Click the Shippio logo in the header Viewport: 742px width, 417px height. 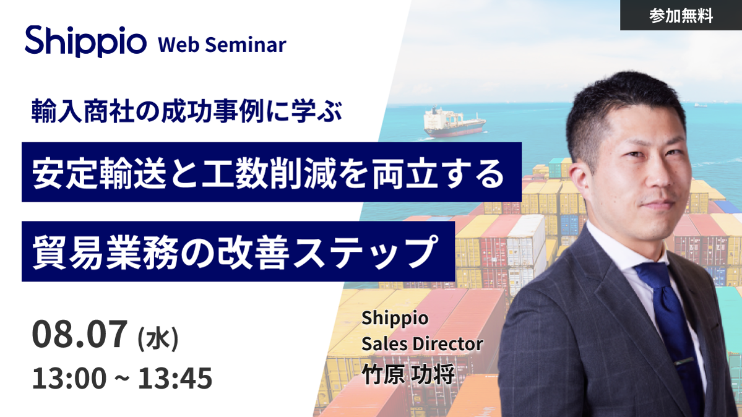click(85, 41)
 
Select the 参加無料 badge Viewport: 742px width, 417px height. click(681, 15)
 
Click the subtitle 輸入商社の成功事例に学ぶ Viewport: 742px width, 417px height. click(186, 111)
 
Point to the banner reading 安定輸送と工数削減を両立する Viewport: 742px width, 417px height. click(272, 172)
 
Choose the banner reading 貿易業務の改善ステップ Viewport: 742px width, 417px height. click(238, 251)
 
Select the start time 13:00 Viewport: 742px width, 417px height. click(69, 378)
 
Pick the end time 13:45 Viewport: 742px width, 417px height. click(175, 378)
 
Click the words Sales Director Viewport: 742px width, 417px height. click(422, 344)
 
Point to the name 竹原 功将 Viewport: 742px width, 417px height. click(408, 374)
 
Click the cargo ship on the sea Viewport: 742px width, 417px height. click(454, 122)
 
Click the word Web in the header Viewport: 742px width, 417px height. click(178, 45)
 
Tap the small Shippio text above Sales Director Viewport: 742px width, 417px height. click(395, 319)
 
